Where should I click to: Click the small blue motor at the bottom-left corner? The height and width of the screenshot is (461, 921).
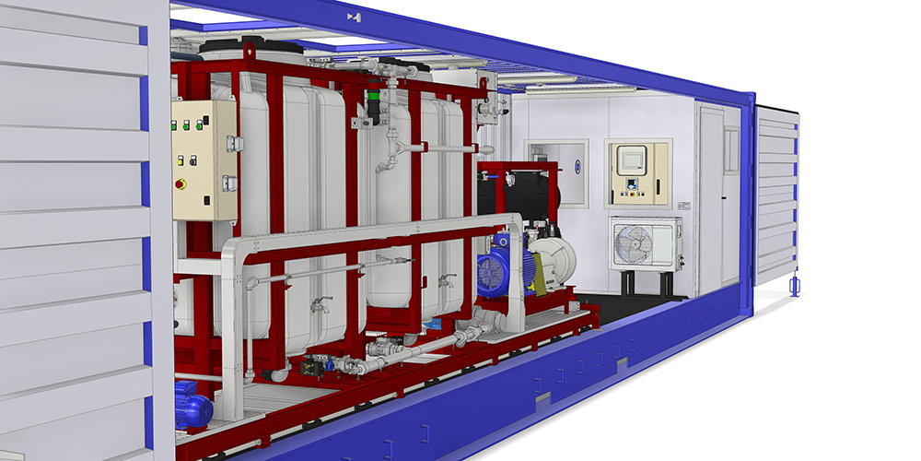[192, 406]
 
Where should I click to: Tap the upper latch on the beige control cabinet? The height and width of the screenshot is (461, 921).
[231, 143]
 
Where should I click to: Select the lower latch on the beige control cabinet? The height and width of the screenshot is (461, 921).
[229, 183]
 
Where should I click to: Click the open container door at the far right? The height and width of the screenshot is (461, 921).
[776, 194]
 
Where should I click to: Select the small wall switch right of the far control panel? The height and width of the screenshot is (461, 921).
[683, 205]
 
